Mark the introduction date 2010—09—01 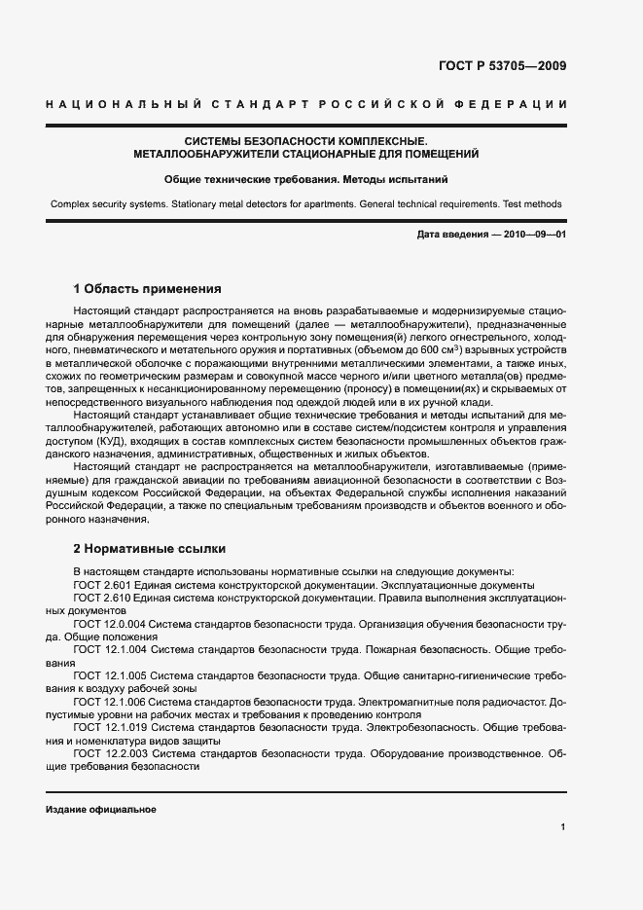[533, 237]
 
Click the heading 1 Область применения [148, 289]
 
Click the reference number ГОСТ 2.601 [96, 584]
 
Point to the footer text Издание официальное [101, 810]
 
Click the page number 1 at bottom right [562, 826]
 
